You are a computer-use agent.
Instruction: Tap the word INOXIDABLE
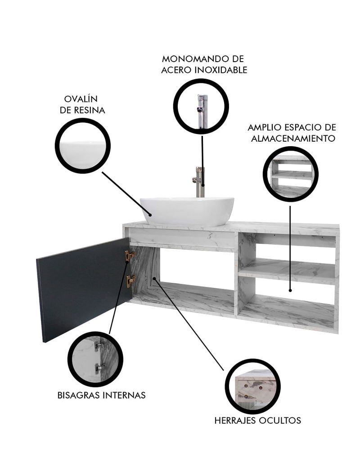[x=221, y=70]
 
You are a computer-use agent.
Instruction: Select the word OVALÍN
[x=81, y=99]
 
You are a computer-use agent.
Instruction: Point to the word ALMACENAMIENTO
[x=293, y=138]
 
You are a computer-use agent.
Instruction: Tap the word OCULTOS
[x=280, y=420]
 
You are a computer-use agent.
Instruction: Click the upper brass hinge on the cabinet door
[x=130, y=255]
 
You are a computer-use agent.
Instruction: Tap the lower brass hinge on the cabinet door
[x=130, y=281]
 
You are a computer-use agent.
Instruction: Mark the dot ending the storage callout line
[x=290, y=291]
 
